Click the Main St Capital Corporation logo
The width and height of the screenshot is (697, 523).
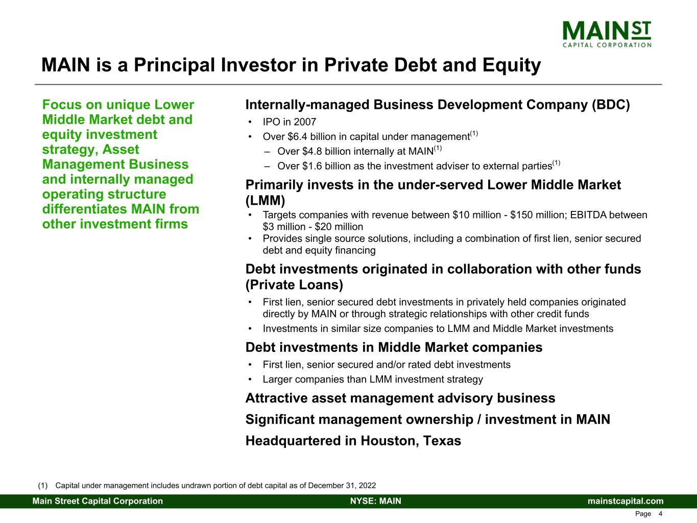tap(607, 34)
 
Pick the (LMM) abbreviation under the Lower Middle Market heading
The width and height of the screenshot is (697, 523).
tap(265, 200)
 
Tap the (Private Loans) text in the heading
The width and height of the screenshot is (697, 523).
tap(294, 284)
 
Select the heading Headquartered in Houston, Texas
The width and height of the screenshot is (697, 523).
tap(353, 441)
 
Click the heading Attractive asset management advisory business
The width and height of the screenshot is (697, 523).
tap(400, 398)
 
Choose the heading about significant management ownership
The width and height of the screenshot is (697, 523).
tap(427, 420)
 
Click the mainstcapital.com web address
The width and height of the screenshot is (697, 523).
tap(626, 501)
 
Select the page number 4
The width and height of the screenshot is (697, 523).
tap(660, 514)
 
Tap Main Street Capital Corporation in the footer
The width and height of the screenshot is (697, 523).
tap(98, 501)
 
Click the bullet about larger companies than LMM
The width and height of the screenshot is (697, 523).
tap(372, 379)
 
